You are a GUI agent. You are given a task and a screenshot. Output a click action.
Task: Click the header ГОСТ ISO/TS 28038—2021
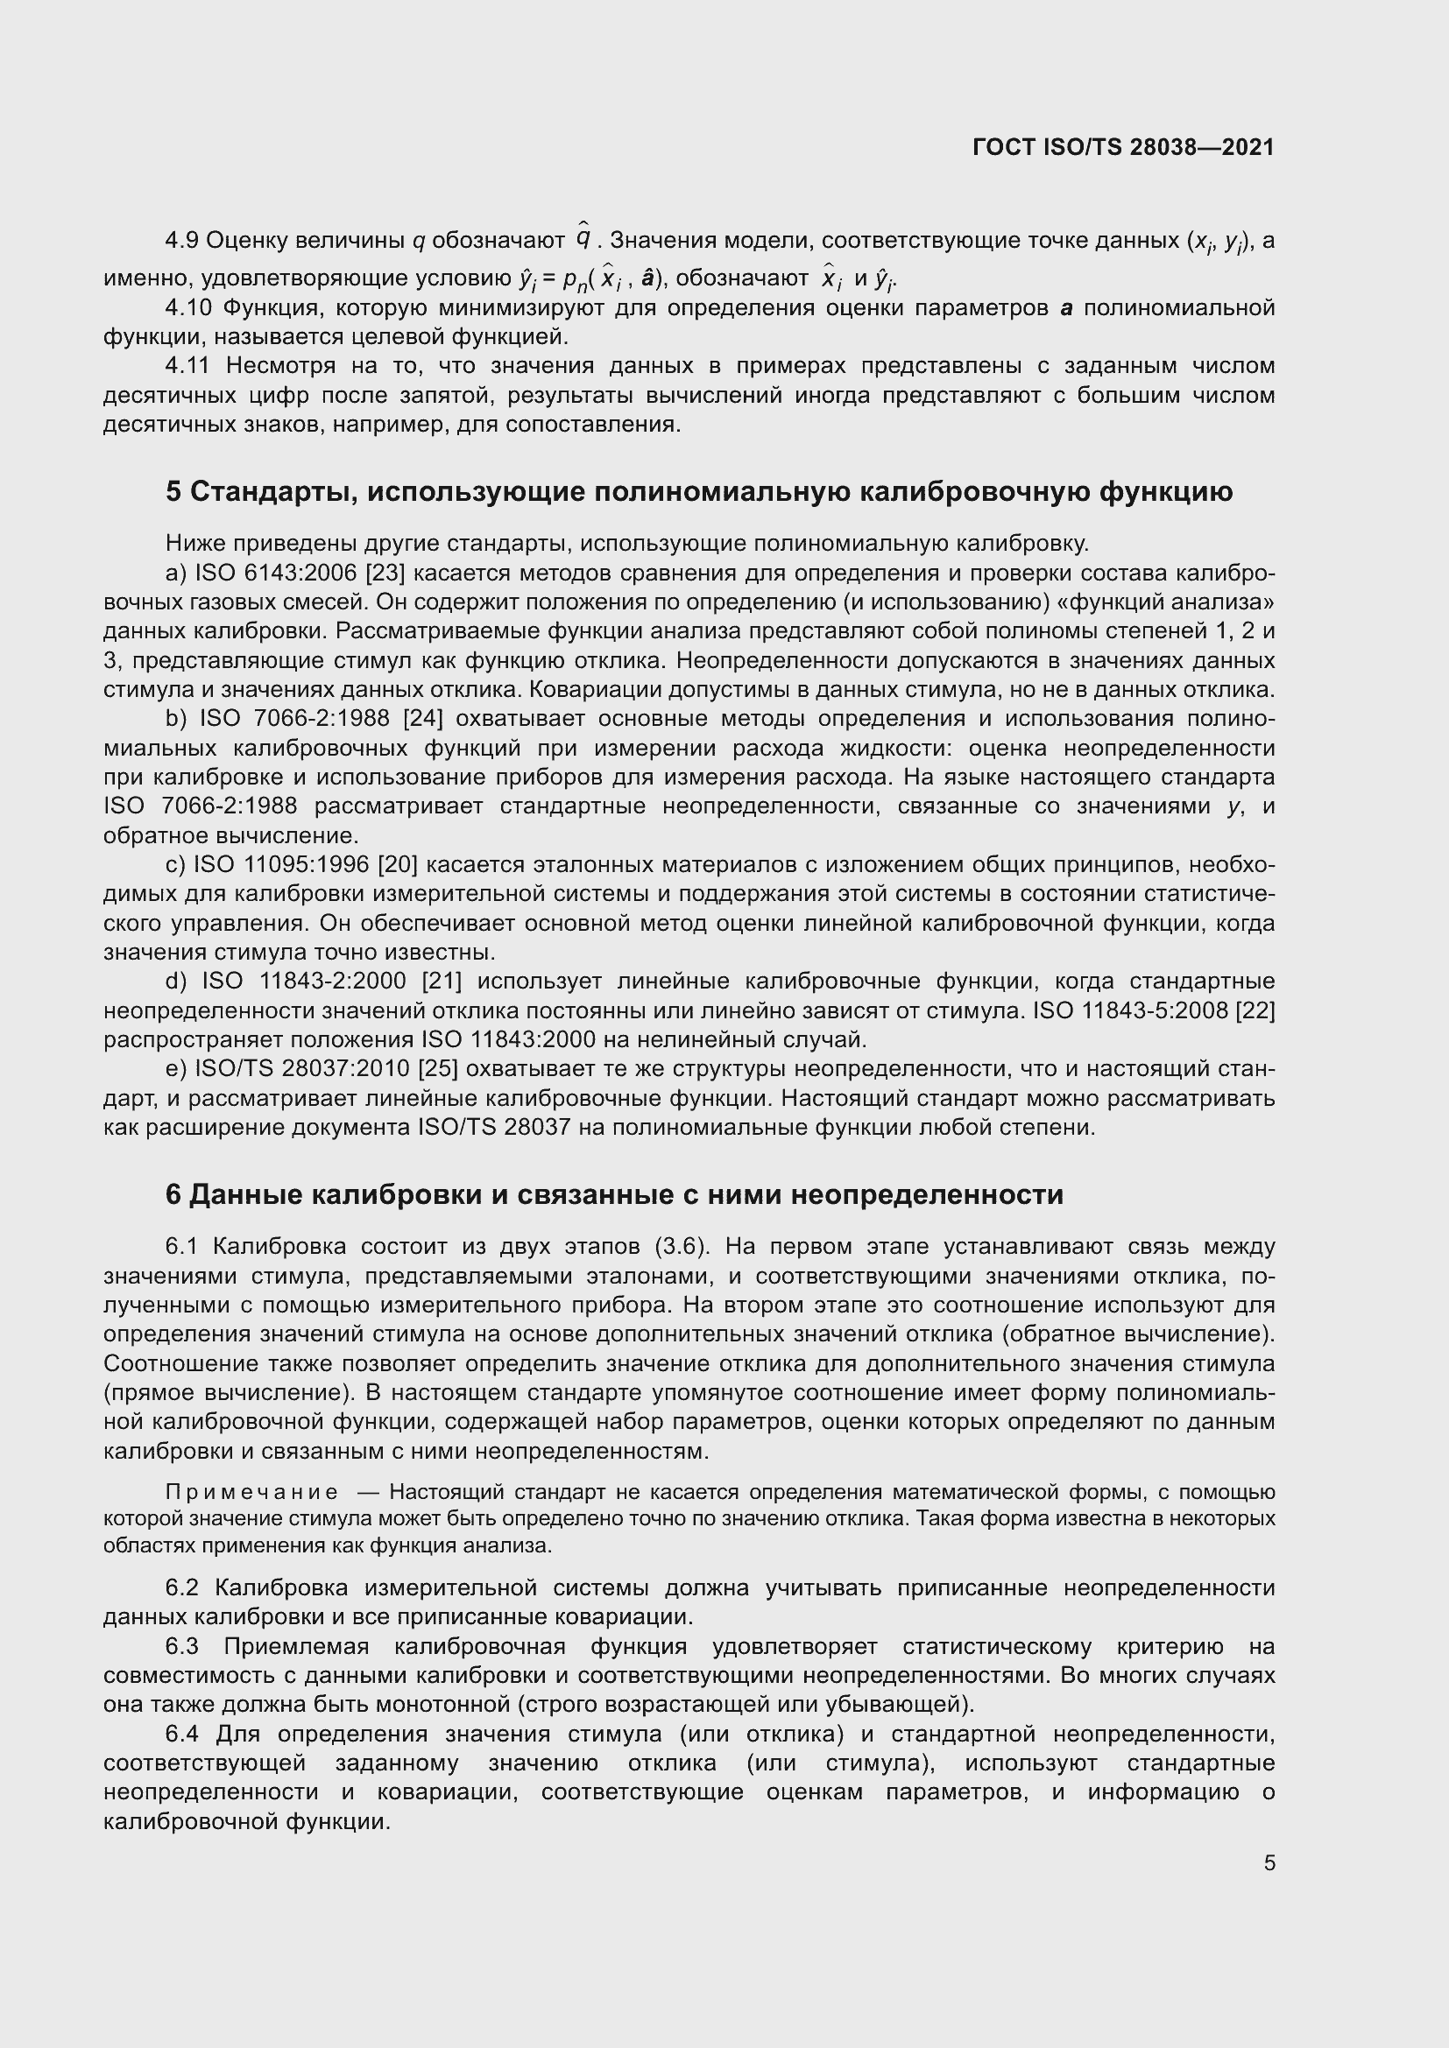(x=1123, y=147)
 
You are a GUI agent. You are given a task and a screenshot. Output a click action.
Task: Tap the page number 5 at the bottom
(x=1269, y=1862)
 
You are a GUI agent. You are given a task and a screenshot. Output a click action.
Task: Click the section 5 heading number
(x=174, y=491)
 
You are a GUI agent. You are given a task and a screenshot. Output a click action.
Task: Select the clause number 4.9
(x=182, y=241)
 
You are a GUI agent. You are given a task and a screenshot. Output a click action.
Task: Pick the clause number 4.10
(x=188, y=307)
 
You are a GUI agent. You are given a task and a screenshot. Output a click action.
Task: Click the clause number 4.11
(x=188, y=366)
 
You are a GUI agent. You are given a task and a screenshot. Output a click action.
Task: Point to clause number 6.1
(x=182, y=1246)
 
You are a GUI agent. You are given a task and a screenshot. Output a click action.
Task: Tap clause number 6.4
(x=184, y=1734)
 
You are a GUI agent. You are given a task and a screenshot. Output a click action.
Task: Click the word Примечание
(x=252, y=1492)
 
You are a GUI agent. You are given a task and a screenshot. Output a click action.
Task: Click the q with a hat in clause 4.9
(x=583, y=238)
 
